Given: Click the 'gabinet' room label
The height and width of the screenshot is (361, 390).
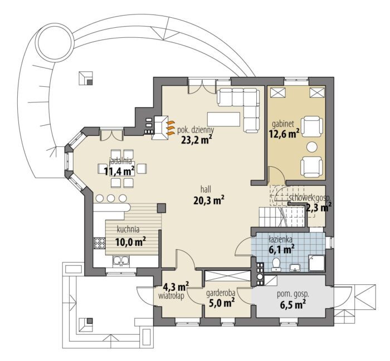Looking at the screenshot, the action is point(283,123).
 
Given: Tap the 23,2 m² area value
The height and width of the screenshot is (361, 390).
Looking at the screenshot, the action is point(197,140).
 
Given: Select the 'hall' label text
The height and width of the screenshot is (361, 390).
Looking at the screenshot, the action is point(206,190).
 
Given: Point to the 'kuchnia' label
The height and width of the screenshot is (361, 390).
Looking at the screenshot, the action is point(128,230).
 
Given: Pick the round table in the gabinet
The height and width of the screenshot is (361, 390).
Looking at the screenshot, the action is point(312,147).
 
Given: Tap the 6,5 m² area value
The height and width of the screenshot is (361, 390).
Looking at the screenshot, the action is point(293,304).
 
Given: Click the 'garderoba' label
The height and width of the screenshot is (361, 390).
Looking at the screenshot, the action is point(221,293).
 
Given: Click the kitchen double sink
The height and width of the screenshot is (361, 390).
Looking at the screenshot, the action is point(121,261).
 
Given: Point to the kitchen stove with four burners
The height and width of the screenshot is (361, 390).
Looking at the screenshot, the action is point(99,243).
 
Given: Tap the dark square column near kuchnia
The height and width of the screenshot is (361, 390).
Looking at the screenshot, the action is point(162,208).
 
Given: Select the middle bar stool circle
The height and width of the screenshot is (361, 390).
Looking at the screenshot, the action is point(111,199).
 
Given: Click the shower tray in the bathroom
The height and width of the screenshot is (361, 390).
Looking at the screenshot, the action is point(316,263).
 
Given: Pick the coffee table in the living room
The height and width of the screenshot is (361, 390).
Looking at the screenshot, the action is point(224,119).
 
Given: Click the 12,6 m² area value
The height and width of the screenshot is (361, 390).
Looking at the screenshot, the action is point(284,134).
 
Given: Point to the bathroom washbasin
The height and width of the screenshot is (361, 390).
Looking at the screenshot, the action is point(295,268).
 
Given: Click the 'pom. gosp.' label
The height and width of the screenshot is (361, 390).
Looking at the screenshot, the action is point(293,295).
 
